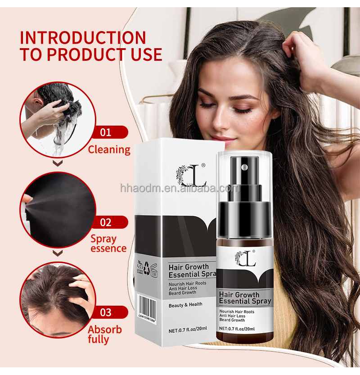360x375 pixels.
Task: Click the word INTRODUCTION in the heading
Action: point(83,37)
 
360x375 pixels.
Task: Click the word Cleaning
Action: point(109,149)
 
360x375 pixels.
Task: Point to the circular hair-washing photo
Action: point(57,119)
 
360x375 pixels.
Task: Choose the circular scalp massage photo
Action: point(57,299)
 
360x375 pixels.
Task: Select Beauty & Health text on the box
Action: point(185,304)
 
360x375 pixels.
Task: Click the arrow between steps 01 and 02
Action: point(57,163)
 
